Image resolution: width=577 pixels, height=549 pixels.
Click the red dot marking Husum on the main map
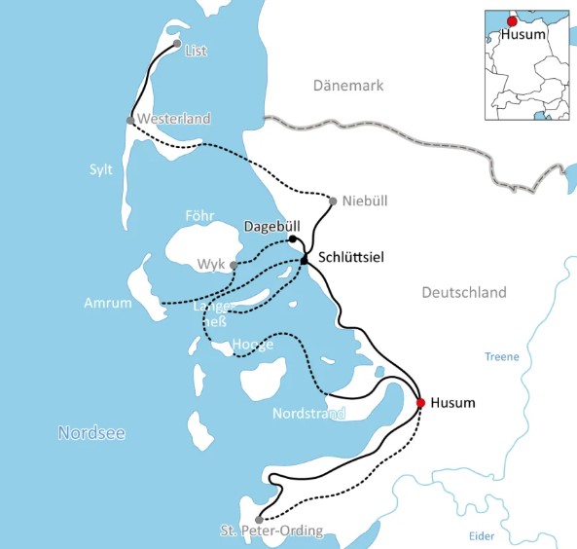(420, 402)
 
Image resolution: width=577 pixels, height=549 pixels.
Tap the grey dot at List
(176, 44)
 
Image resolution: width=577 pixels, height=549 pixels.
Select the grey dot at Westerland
(130, 121)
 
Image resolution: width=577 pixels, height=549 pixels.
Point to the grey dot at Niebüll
(333, 201)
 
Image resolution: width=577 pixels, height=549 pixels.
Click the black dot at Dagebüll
(293, 238)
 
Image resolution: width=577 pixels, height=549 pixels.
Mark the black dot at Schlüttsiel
(305, 259)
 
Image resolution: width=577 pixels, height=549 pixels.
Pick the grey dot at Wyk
(234, 264)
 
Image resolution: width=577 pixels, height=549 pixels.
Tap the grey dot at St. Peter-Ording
(258, 520)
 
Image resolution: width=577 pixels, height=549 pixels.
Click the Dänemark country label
(348, 86)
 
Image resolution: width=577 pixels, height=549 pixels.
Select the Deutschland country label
(464, 292)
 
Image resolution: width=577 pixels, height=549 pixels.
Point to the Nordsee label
(90, 433)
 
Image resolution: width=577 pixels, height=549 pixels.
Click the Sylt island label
(101, 169)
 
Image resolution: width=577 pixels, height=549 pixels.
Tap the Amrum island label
(108, 303)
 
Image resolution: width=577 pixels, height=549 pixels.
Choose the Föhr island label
(198, 215)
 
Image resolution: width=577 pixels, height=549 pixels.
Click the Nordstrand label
(308, 413)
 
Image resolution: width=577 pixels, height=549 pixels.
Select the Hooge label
(252, 344)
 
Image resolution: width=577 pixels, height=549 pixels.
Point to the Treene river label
(502, 357)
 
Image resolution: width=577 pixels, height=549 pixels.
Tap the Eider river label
(481, 535)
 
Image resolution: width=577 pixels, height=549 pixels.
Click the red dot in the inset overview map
(512, 21)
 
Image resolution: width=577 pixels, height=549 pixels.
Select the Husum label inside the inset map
(523, 35)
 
